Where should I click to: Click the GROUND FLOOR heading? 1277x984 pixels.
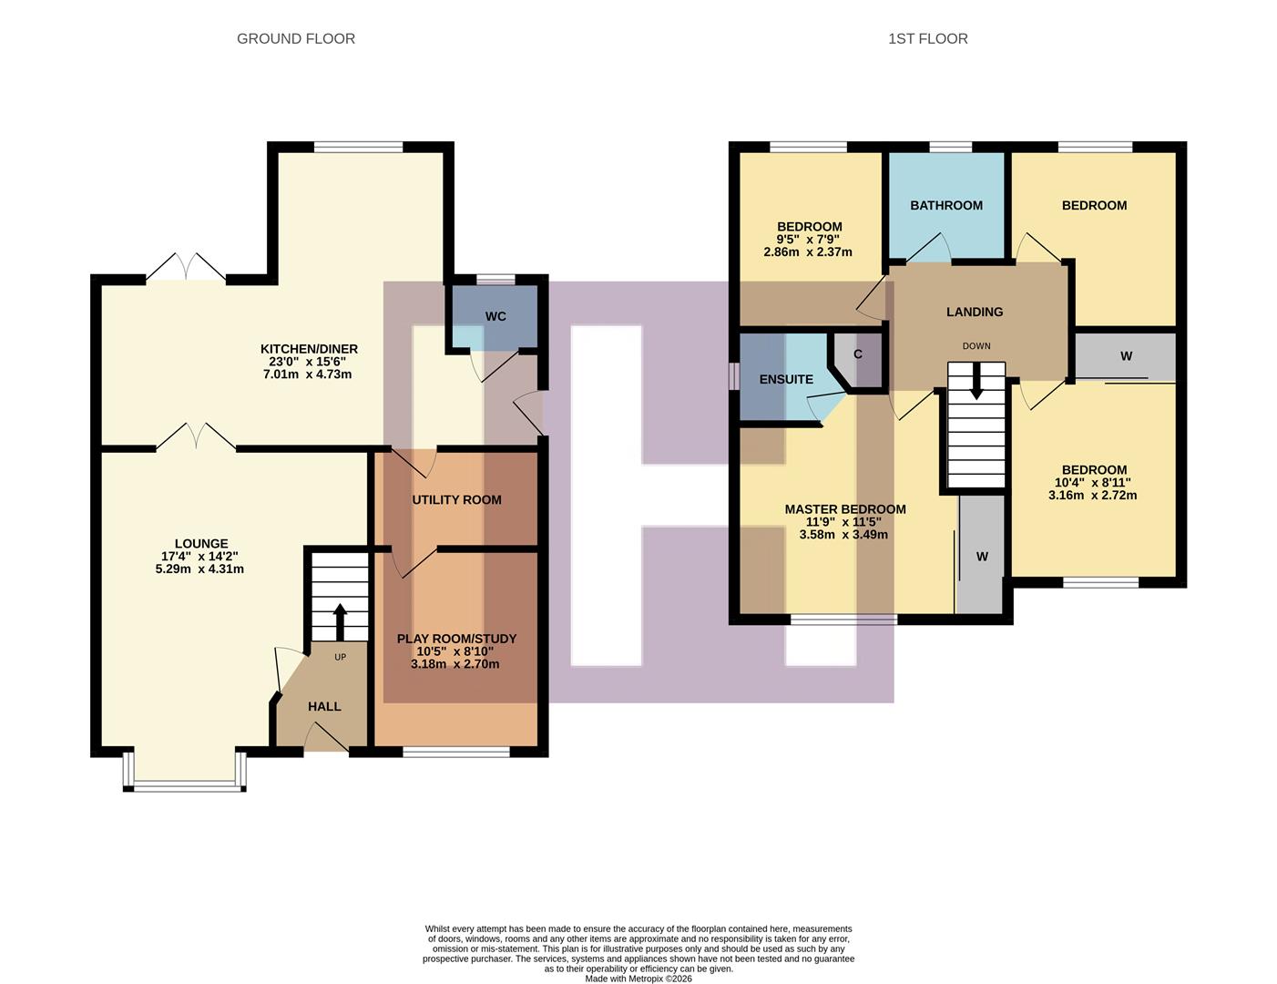click(x=295, y=38)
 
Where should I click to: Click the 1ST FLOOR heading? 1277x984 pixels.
click(x=927, y=38)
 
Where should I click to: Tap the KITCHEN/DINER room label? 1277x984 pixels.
click(x=309, y=349)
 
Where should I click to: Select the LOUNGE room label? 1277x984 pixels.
click(x=201, y=544)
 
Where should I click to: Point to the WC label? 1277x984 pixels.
click(x=495, y=316)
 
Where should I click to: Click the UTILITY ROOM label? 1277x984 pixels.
click(x=456, y=499)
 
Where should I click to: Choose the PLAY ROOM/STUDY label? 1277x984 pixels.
click(x=456, y=639)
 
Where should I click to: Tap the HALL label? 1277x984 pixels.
click(x=324, y=706)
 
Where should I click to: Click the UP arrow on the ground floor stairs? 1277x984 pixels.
click(x=340, y=621)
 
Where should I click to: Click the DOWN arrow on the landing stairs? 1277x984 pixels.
click(x=976, y=381)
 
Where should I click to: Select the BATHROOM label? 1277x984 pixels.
click(x=946, y=205)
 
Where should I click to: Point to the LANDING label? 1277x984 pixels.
click(x=975, y=312)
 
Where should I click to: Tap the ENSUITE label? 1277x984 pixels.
click(x=786, y=379)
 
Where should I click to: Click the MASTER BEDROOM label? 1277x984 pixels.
click(x=845, y=509)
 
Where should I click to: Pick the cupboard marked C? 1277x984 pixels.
click(x=857, y=354)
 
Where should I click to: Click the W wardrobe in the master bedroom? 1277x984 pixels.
click(x=982, y=556)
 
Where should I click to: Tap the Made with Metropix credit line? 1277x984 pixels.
click(x=638, y=979)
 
